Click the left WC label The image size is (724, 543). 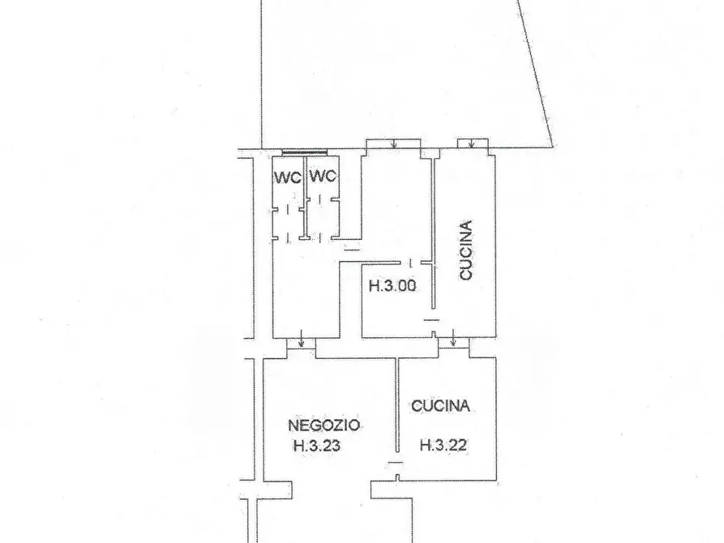click(x=288, y=177)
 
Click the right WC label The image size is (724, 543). click(x=323, y=176)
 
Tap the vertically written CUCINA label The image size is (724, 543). click(x=466, y=250)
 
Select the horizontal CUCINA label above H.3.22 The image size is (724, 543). click(x=440, y=406)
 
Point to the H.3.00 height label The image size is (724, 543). click(x=392, y=285)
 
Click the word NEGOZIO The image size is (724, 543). click(x=323, y=425)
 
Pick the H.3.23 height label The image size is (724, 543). click(x=317, y=446)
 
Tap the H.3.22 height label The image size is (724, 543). click(x=443, y=445)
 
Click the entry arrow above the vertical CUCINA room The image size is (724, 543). click(x=471, y=143)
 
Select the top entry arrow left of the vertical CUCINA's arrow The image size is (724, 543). click(x=393, y=143)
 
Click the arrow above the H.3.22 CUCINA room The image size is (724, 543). click(x=453, y=339)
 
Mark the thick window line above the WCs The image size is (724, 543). click(x=305, y=152)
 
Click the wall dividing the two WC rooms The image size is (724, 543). click(x=305, y=198)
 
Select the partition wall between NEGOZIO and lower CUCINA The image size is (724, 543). click(x=397, y=405)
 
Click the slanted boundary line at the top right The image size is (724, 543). click(x=535, y=74)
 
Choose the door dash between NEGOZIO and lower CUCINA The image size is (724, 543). click(x=395, y=463)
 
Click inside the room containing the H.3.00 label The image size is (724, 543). click(x=392, y=305)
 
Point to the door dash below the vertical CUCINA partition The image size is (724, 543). click(x=431, y=320)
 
